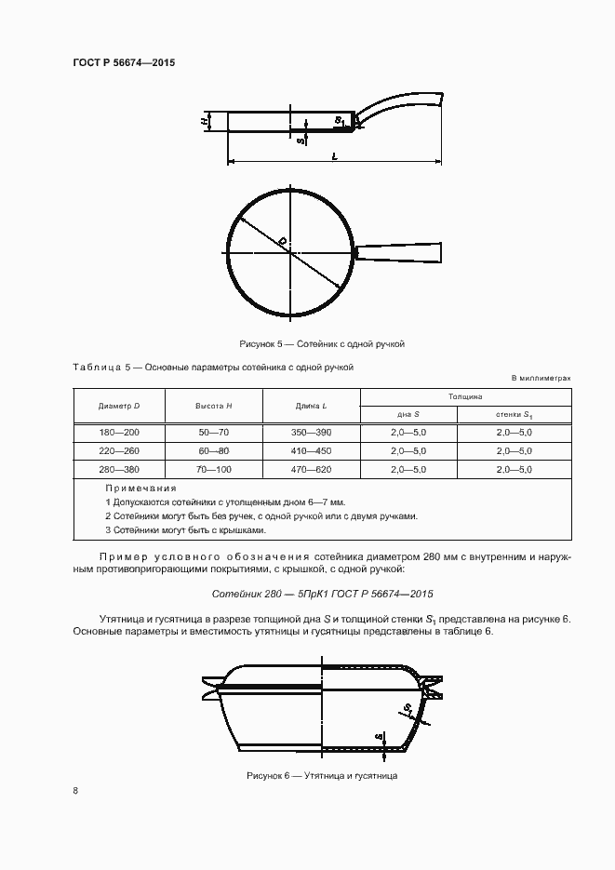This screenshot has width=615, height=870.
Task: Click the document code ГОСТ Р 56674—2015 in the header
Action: [124, 62]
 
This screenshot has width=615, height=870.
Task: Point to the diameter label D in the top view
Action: [282, 242]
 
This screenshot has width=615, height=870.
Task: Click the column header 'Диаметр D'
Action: [119, 407]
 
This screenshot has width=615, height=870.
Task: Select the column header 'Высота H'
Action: [214, 407]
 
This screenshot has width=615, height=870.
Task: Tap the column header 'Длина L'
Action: [312, 407]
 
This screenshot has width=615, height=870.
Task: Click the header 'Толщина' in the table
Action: [465, 396]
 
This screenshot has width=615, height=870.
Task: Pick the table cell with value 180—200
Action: [119, 433]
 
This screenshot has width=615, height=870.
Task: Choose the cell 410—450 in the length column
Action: [312, 451]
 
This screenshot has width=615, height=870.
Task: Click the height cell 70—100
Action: [214, 470]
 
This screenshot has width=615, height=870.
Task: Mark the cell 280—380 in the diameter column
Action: [119, 470]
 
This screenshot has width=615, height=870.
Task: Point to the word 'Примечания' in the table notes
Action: [140, 488]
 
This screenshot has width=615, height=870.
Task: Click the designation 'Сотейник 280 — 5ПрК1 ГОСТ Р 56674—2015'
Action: [322, 593]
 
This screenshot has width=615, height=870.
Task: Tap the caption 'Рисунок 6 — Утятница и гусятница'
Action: [322, 775]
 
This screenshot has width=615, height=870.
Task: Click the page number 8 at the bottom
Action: [75, 791]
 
